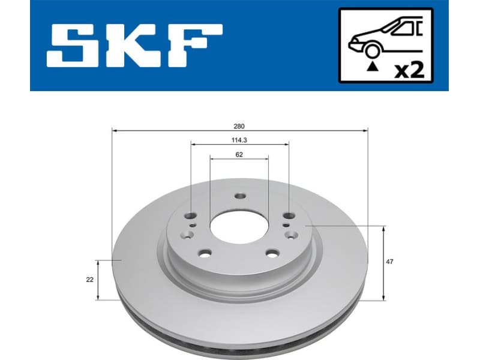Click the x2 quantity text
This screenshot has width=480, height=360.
409,70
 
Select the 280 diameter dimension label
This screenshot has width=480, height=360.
239,127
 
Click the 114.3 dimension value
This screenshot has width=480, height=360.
239,140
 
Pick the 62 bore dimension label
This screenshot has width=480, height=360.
239,154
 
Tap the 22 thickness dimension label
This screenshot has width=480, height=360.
89,280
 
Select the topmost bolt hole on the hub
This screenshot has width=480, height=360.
240,196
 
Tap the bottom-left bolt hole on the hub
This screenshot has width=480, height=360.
205,254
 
